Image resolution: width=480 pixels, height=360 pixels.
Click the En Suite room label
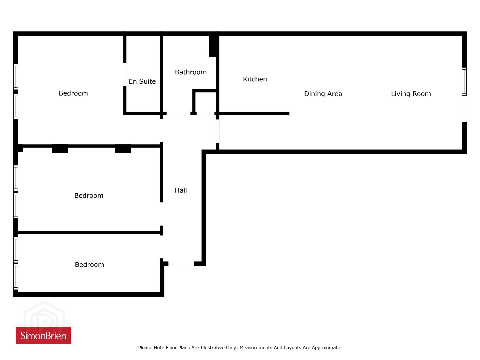pyautogui.click(x=142, y=81)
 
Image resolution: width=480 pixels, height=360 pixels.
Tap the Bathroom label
pyautogui.click(x=191, y=72)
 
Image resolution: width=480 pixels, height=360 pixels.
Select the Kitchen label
pyautogui.click(x=255, y=79)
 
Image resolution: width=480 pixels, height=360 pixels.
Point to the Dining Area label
pyautogui.click(x=323, y=94)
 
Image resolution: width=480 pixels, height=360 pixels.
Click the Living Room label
pyautogui.click(x=411, y=94)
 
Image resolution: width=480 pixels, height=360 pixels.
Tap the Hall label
pyautogui.click(x=181, y=190)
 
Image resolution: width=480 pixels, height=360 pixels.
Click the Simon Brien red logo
pyautogui.click(x=43, y=335)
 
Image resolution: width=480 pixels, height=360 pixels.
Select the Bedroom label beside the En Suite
pyautogui.click(x=73, y=93)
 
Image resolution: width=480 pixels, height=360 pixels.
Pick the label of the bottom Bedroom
pyautogui.click(x=89, y=265)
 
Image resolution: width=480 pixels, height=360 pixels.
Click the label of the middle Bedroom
pyautogui.click(x=89, y=195)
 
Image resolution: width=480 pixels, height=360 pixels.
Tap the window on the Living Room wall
pyautogui.click(x=464, y=82)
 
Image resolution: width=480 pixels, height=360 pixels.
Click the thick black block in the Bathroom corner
pyautogui.click(x=213, y=46)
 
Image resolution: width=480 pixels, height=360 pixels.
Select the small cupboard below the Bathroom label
pyautogui.click(x=205, y=102)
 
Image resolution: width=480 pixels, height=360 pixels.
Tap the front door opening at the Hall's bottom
pyautogui.click(x=181, y=264)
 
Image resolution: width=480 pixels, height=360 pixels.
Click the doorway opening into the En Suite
pyautogui.click(x=125, y=74)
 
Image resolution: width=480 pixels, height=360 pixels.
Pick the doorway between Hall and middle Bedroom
pyautogui.click(x=161, y=214)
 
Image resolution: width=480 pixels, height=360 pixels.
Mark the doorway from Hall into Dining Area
pyautogui.click(x=217, y=131)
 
